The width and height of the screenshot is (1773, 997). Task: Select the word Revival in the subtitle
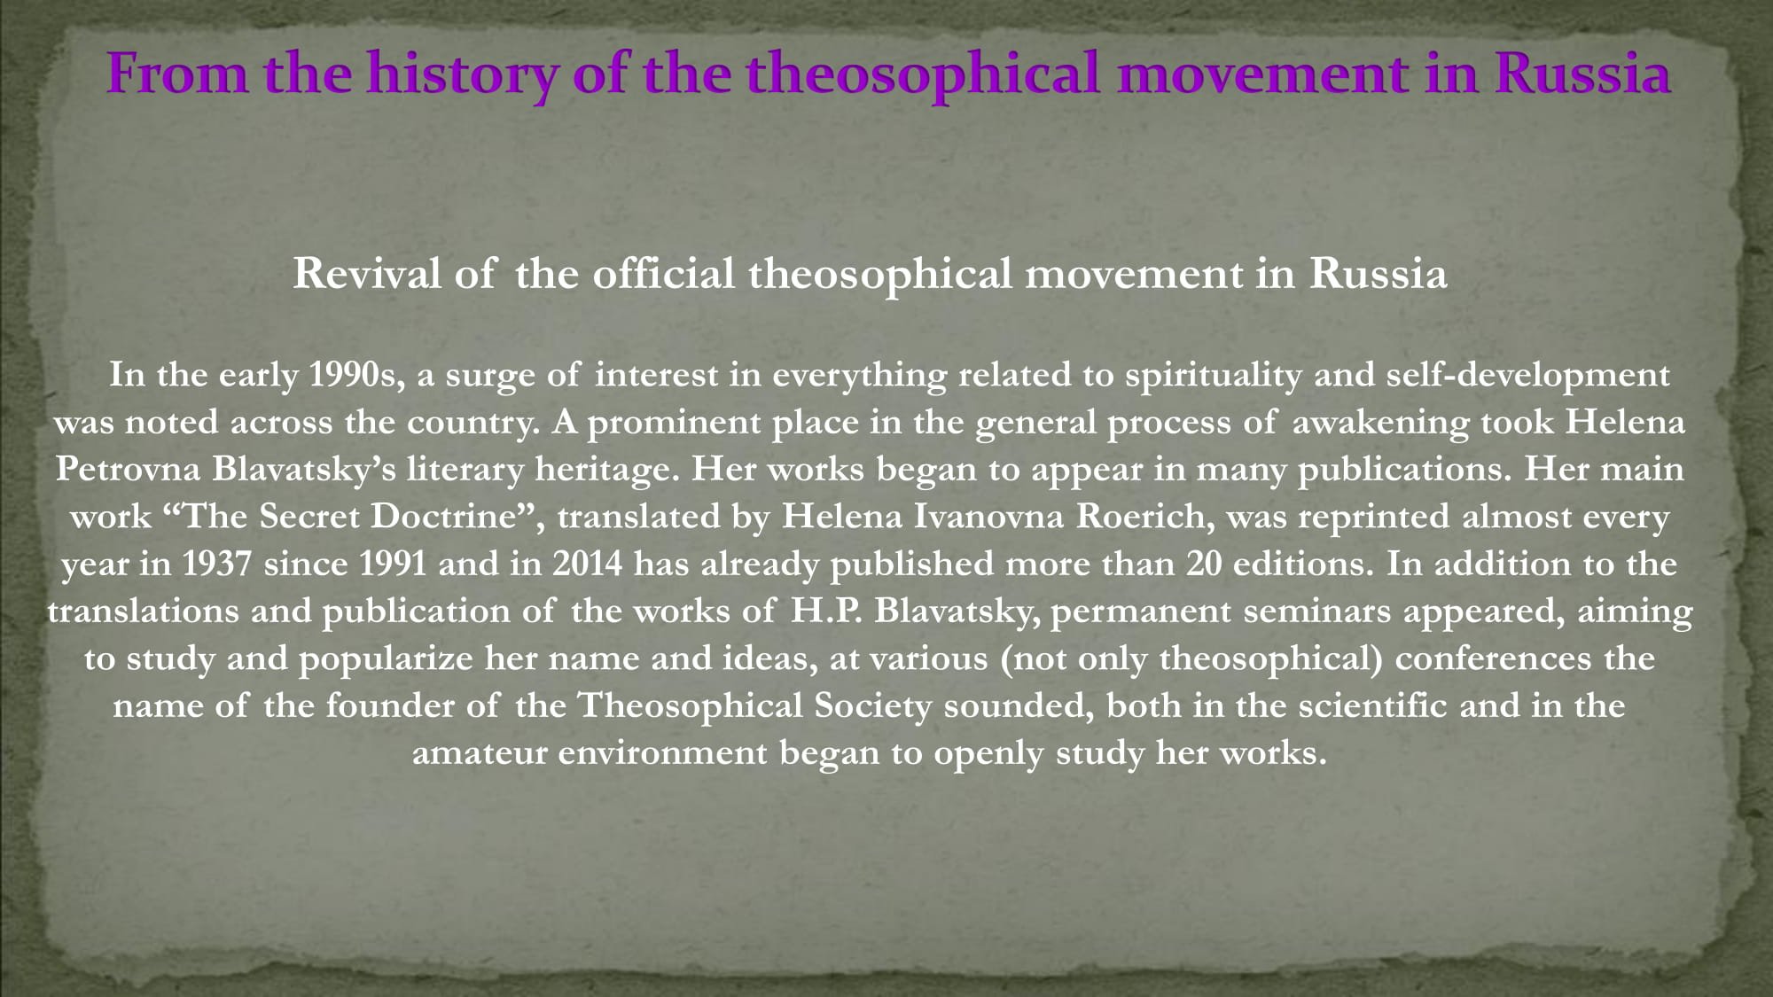[x=367, y=273]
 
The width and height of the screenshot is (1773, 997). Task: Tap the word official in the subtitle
[x=664, y=273]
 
